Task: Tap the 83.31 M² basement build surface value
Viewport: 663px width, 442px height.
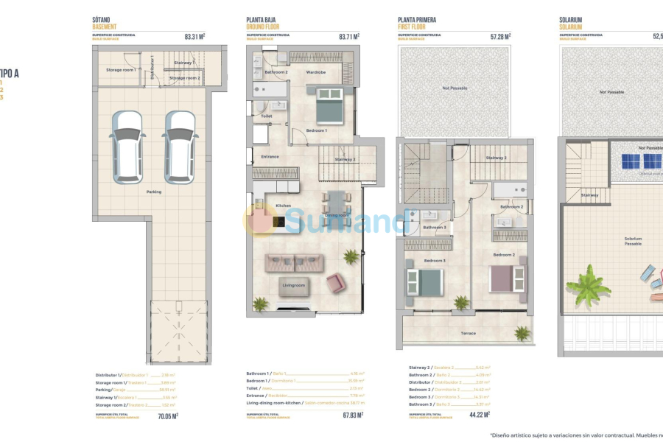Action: pyautogui.click(x=194, y=36)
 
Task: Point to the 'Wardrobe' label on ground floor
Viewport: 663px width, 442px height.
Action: pyautogui.click(x=316, y=72)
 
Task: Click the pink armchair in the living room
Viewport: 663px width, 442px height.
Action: pyautogui.click(x=336, y=283)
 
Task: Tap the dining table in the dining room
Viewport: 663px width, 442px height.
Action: pyautogui.click(x=336, y=205)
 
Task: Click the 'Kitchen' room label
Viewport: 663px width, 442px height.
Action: pyautogui.click(x=284, y=206)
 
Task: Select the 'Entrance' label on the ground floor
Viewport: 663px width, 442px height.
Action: pyautogui.click(x=270, y=156)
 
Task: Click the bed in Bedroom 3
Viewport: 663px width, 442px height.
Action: pyautogui.click(x=426, y=282)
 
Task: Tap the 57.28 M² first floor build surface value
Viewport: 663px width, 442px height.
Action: pyautogui.click(x=501, y=36)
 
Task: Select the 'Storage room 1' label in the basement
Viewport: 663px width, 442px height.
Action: pyautogui.click(x=120, y=70)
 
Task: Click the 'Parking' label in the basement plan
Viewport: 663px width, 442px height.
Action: pyautogui.click(x=153, y=192)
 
